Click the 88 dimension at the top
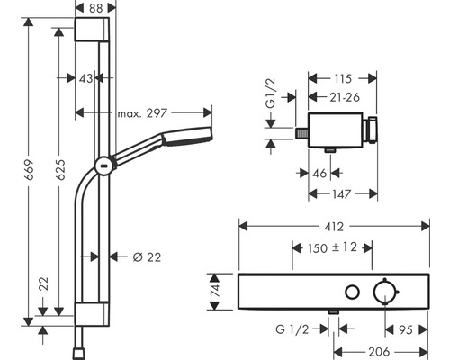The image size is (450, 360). (95, 8)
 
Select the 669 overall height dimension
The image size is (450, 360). (29, 170)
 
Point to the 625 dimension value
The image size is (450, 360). (60, 170)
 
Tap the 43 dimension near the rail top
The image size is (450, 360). (85, 78)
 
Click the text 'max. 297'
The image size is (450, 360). (142, 113)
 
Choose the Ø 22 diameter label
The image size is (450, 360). (147, 257)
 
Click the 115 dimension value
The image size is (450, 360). (343, 79)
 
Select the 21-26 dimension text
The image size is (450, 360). (345, 97)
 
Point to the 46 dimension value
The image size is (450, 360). (319, 174)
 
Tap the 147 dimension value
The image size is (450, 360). (342, 194)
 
